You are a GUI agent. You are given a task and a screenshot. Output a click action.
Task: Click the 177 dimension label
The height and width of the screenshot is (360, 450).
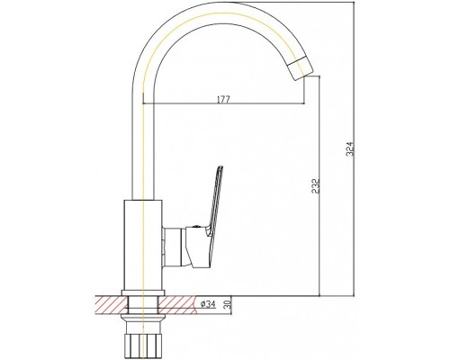point(223,99)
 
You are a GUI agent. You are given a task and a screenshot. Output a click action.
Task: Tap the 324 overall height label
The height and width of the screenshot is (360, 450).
point(350,148)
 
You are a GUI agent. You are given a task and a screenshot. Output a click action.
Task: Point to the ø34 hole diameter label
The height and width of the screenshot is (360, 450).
point(208,304)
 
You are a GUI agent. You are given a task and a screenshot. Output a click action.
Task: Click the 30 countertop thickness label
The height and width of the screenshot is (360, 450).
point(227,304)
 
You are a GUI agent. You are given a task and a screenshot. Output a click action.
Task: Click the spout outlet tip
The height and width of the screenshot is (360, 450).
point(303,68)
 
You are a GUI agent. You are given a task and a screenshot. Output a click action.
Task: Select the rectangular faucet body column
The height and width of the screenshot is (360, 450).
point(143,245)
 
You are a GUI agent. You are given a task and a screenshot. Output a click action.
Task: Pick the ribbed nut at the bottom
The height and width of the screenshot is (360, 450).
point(143,345)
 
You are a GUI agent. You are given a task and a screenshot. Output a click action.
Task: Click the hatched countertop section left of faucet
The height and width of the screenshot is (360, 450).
point(111,305)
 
